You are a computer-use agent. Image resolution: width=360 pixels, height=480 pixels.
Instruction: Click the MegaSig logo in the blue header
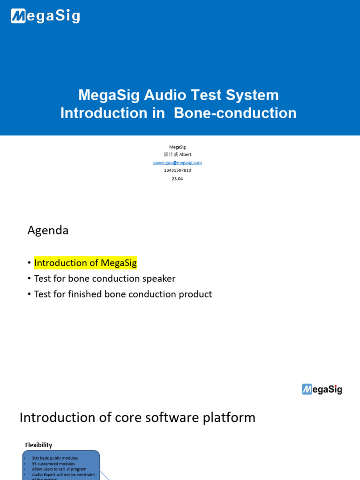[45, 17]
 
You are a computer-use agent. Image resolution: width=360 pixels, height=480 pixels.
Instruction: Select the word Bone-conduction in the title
[235, 113]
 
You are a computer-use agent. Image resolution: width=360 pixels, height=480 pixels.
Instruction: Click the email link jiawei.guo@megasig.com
[177, 163]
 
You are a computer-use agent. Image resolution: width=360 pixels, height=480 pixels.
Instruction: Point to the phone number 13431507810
[177, 170]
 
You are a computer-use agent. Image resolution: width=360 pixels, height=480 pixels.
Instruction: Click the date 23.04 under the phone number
[177, 179]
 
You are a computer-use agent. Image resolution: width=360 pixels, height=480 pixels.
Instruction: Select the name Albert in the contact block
[186, 155]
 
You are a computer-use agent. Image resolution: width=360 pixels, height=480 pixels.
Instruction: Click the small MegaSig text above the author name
[177, 147]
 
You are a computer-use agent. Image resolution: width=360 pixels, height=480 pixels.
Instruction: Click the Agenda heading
[48, 230]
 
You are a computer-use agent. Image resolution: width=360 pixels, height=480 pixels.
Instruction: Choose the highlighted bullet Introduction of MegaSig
[85, 263]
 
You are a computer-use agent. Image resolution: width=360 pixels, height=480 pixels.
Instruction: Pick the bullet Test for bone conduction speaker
[105, 278]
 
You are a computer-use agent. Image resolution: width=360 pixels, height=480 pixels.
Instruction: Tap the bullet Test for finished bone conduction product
[123, 294]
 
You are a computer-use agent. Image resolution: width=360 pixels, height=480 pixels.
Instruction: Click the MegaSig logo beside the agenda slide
[322, 389]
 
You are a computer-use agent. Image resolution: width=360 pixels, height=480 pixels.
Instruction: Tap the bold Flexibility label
[38, 445]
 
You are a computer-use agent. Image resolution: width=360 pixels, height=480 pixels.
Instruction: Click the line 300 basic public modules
[55, 458]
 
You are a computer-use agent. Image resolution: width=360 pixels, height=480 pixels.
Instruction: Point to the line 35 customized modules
[53, 464]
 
